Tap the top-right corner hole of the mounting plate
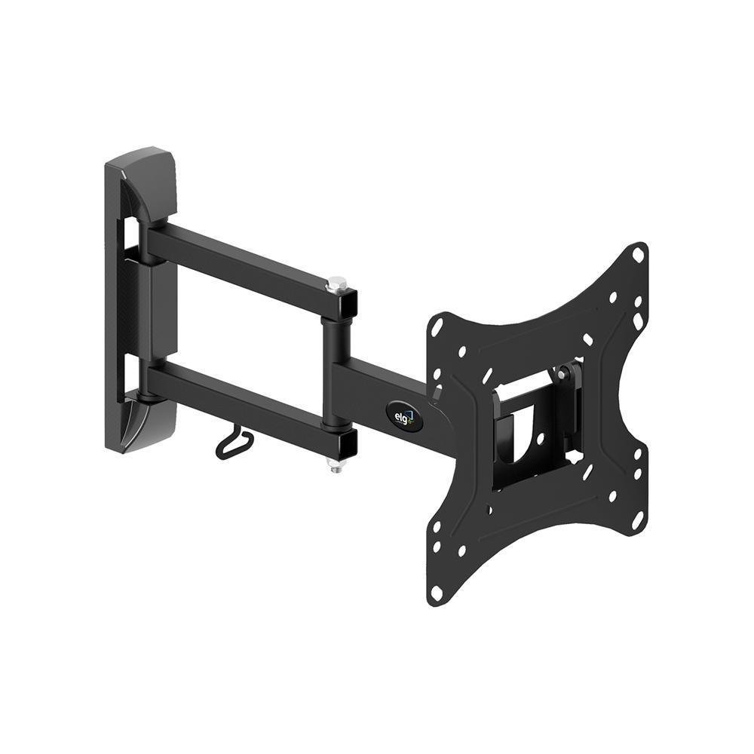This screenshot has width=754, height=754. point(638,255)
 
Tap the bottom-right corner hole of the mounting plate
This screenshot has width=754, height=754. point(638,520)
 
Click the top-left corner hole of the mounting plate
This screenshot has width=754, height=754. point(437,326)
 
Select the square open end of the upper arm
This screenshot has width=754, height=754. point(348,302)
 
